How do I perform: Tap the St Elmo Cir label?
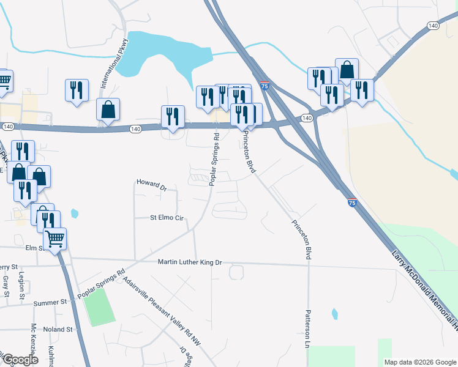(x=167, y=217)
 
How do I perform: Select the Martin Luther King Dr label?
(x=189, y=262)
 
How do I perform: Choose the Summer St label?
(x=50, y=302)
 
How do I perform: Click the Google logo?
(x=20, y=360)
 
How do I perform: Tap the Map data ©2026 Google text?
(x=420, y=361)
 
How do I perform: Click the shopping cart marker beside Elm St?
(x=55, y=239)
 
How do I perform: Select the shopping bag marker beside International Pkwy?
(x=108, y=109)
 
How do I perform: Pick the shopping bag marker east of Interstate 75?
(x=347, y=70)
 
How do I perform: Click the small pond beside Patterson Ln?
(x=334, y=314)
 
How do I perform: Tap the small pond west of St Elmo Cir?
(x=75, y=213)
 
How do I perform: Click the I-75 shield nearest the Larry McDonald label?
(x=351, y=202)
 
